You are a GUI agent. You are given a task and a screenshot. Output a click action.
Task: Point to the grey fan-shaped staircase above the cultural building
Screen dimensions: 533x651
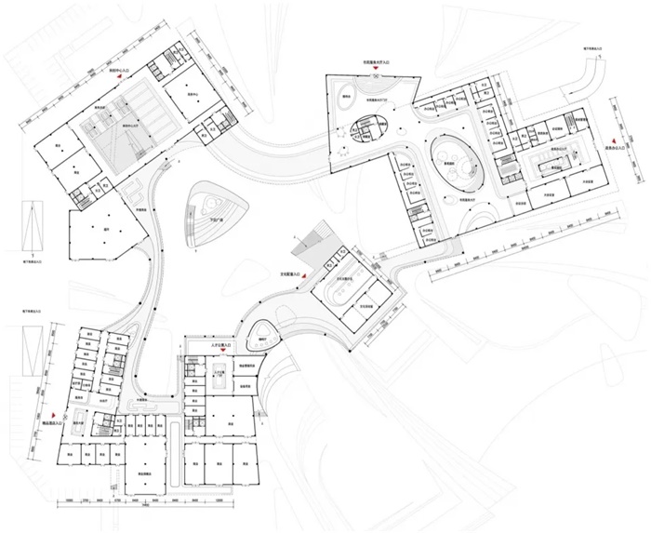point(311,244)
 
